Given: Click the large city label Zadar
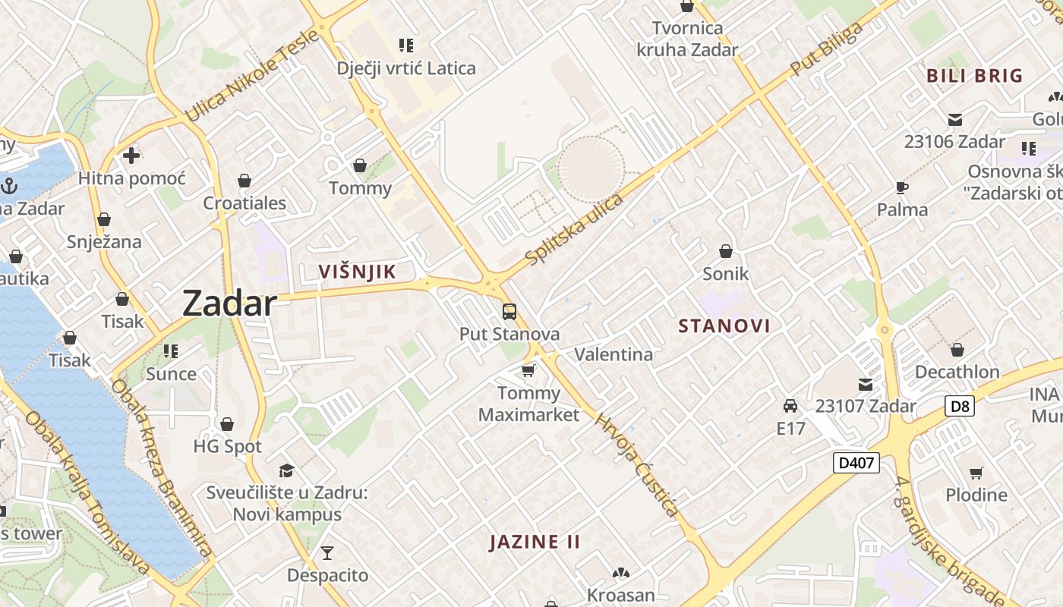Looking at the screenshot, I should [x=229, y=303].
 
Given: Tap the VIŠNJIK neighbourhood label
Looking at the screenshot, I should [x=357, y=272].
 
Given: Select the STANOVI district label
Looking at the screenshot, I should [x=724, y=326].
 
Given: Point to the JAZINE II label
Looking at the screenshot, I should [x=535, y=542].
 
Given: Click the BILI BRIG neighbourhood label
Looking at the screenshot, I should [x=975, y=76].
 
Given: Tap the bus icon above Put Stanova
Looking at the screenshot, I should [x=509, y=311].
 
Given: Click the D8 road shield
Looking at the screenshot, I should [x=960, y=406].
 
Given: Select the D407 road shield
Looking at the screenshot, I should [x=856, y=462].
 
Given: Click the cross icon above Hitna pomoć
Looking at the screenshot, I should [x=131, y=156].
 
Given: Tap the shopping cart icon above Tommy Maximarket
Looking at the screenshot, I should [x=528, y=370].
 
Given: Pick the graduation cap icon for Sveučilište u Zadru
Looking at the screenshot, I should [x=286, y=470].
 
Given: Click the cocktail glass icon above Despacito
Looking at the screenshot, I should [x=327, y=552].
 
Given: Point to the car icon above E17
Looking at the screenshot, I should [x=790, y=406].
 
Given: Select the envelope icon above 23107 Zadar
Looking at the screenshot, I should [x=866, y=384].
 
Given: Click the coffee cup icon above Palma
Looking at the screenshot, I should [x=902, y=187].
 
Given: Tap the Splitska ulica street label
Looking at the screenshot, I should [x=574, y=229].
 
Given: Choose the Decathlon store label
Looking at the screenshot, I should [x=957, y=372].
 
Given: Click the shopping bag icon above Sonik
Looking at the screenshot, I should [x=726, y=250].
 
